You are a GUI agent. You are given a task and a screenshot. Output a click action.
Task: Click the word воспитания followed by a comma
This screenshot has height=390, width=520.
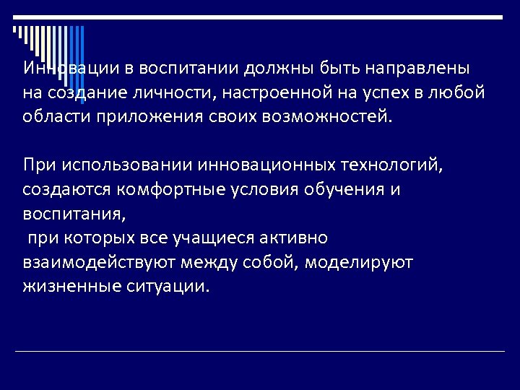[x=74, y=213]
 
